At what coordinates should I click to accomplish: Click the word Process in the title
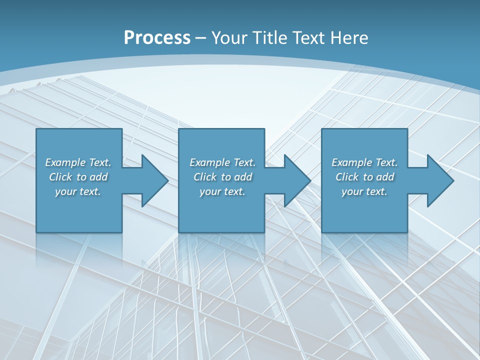pyautogui.click(x=157, y=38)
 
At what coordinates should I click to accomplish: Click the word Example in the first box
pyautogui.click(x=65, y=162)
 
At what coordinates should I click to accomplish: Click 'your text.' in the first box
pyautogui.click(x=78, y=191)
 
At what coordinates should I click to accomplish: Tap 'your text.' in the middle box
pyautogui.click(x=222, y=191)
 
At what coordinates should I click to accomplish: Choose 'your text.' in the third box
pyautogui.click(x=364, y=191)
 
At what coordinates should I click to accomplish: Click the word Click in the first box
pyautogui.click(x=60, y=177)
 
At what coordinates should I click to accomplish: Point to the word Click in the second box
pyautogui.click(x=205, y=177)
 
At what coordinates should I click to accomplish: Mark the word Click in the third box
pyautogui.click(x=347, y=177)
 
